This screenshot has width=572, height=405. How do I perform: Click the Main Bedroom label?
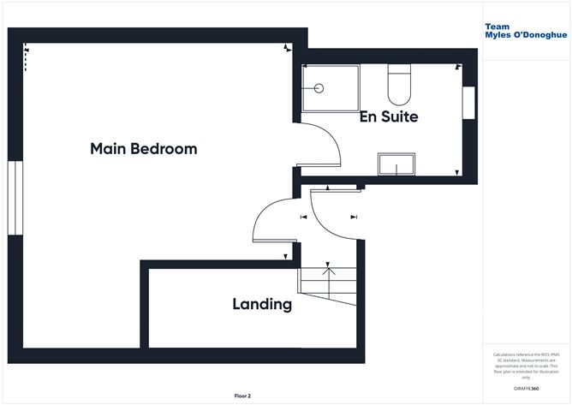[x=143, y=149]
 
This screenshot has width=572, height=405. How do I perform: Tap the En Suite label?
[x=389, y=116]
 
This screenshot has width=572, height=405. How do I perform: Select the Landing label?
[x=262, y=304]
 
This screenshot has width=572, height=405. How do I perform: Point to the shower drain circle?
[x=319, y=87]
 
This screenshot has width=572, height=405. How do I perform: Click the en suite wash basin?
[x=397, y=164]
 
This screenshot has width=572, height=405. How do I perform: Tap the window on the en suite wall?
[x=468, y=104]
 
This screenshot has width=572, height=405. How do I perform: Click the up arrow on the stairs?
[x=327, y=272]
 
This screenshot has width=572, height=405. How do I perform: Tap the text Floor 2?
[x=244, y=396]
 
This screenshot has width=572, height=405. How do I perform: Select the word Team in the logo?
[x=498, y=27]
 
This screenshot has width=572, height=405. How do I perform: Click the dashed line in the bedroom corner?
[x=26, y=58]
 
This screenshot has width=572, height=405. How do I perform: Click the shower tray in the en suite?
[x=331, y=88]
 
